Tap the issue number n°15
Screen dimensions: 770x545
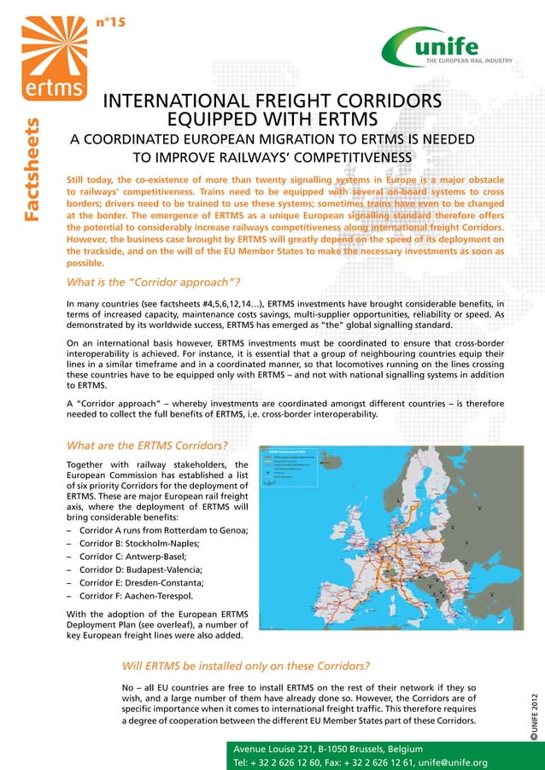pyautogui.click(x=111, y=22)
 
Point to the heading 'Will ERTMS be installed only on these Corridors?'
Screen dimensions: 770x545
pyautogui.click(x=246, y=665)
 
